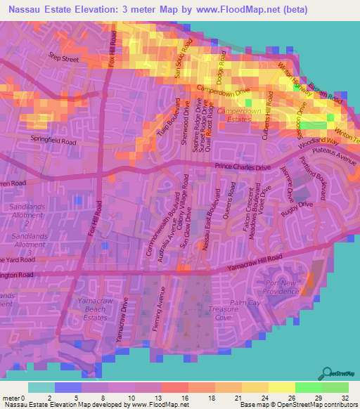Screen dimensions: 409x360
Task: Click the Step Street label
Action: pyautogui.click(x=63, y=60)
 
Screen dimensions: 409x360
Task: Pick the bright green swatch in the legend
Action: pyautogui.click(x=309, y=387)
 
